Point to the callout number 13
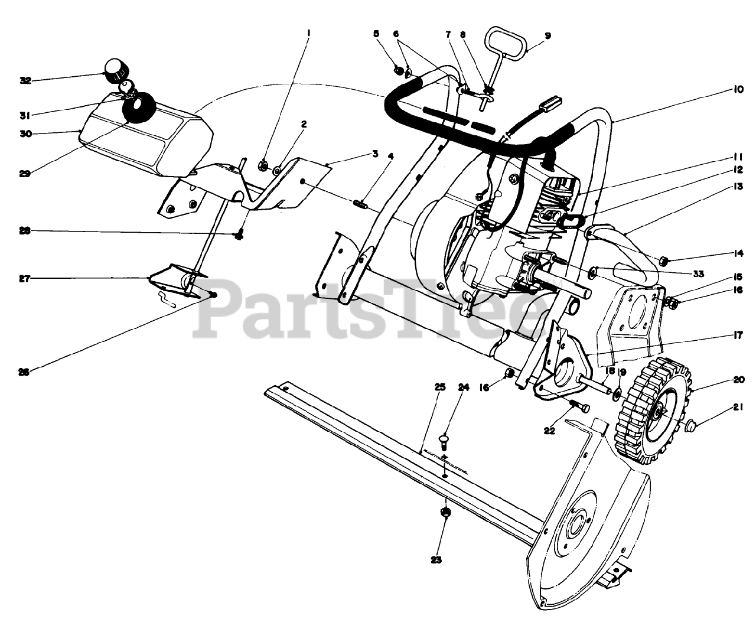[x=738, y=186]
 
